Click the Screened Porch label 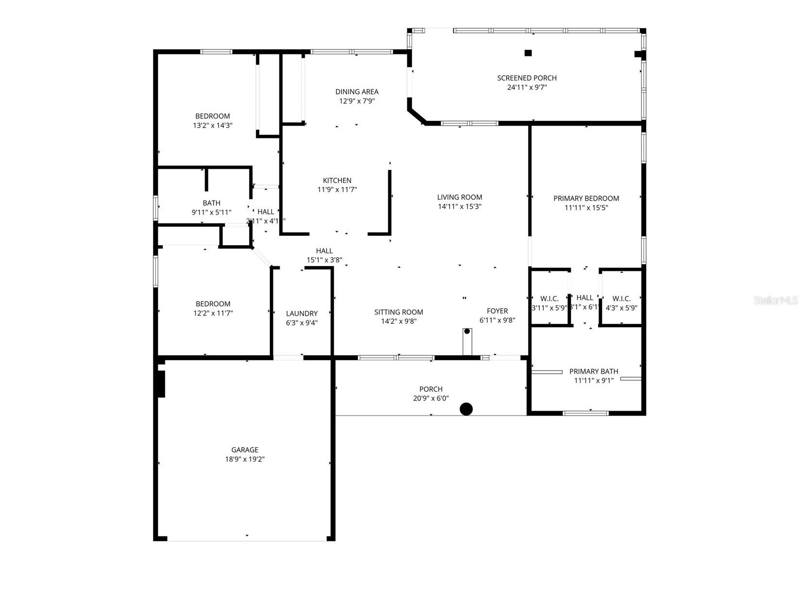click(527, 78)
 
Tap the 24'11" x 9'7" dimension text click(527, 87)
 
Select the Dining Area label click(357, 92)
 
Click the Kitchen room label click(337, 181)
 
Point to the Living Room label click(459, 197)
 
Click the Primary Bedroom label click(586, 198)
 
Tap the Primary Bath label click(593, 371)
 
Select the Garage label click(245, 450)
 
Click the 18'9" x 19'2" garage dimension click(245, 459)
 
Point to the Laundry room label click(301, 314)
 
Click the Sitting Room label click(399, 312)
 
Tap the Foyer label click(497, 311)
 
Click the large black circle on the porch click(466, 409)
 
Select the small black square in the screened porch click(528, 53)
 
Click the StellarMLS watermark click(776, 300)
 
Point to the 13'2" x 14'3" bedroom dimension click(213, 125)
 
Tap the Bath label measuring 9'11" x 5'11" click(211, 203)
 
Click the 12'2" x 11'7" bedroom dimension click(213, 313)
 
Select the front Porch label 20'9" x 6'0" click(431, 389)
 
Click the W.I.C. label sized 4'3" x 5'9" click(621, 299)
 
